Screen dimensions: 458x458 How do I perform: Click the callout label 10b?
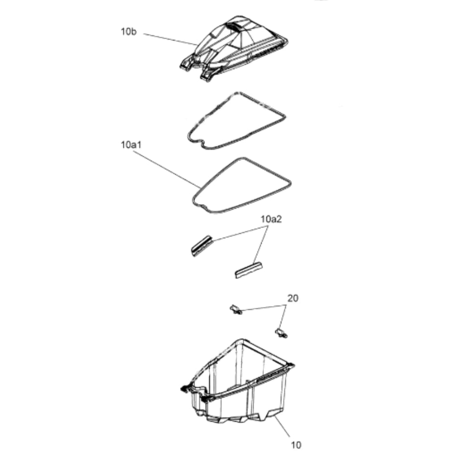[x=128, y=32]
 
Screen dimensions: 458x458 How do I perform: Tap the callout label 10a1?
[x=131, y=144]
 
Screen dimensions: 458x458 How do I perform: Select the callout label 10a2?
[x=271, y=219]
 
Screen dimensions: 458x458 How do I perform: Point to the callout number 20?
[x=293, y=298]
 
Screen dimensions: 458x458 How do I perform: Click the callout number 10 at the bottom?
[x=296, y=445]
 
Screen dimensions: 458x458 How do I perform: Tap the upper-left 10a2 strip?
[x=201, y=246]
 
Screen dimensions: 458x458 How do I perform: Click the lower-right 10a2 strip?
[x=249, y=270]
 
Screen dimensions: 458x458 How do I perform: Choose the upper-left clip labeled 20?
[x=236, y=310]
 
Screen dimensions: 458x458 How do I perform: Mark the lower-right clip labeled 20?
[x=281, y=333]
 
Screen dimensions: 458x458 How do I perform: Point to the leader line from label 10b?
[x=170, y=39]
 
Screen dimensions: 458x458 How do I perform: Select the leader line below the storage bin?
[x=282, y=427]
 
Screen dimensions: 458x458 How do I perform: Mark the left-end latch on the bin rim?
[x=185, y=389]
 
